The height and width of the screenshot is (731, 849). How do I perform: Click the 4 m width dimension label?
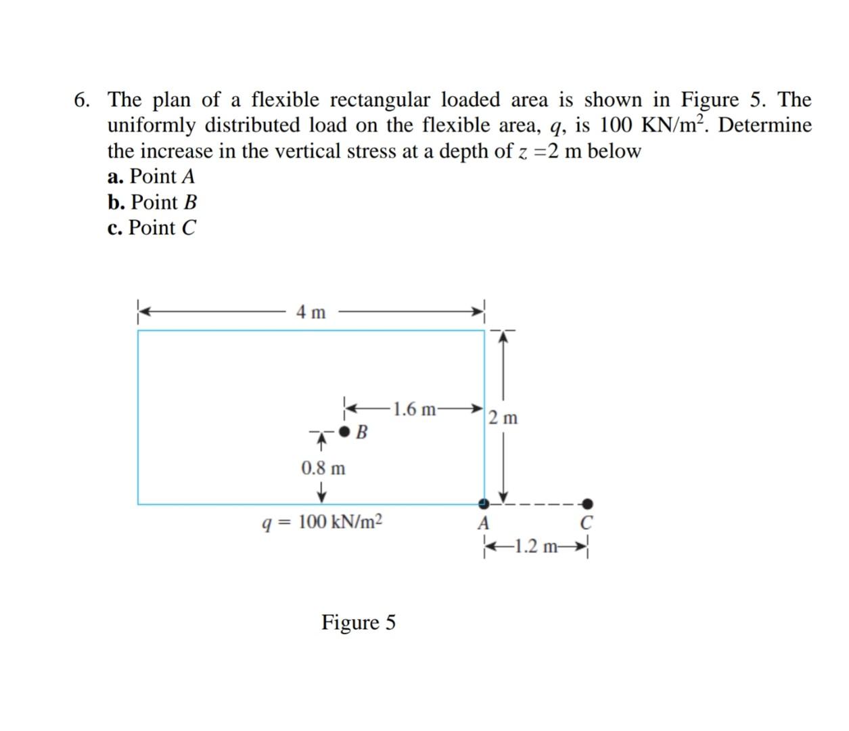(x=311, y=312)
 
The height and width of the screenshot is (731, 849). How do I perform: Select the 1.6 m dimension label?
(x=414, y=409)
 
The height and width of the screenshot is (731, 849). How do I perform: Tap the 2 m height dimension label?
(x=504, y=418)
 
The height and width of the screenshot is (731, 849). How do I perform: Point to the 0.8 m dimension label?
(x=323, y=468)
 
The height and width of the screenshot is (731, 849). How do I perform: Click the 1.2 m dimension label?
(x=537, y=546)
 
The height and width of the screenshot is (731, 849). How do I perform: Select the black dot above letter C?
(x=588, y=503)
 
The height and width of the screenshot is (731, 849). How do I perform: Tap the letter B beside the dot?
(x=362, y=432)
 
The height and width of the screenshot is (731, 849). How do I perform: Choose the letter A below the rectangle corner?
(x=483, y=523)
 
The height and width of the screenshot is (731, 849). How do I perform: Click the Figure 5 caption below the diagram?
(x=359, y=621)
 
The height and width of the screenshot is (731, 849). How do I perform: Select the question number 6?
(x=81, y=100)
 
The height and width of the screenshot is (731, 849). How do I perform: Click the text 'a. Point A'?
(x=152, y=177)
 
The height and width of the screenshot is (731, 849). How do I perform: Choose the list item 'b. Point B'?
(x=152, y=202)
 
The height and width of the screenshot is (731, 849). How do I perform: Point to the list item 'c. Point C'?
(x=152, y=228)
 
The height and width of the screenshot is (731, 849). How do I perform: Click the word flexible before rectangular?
(x=285, y=100)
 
